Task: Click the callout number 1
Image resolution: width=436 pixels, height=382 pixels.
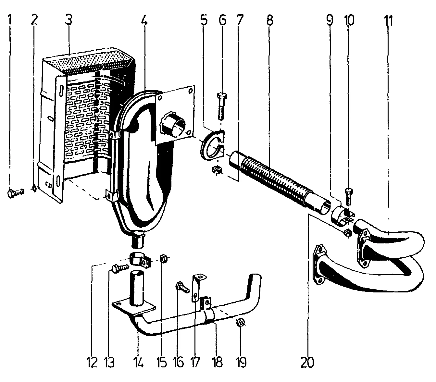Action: tap(10, 21)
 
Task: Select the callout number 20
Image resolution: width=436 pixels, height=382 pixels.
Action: tap(307, 362)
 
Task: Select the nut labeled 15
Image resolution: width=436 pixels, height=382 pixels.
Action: tap(163, 258)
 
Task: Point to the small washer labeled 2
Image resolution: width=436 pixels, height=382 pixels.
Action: tap(34, 188)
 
